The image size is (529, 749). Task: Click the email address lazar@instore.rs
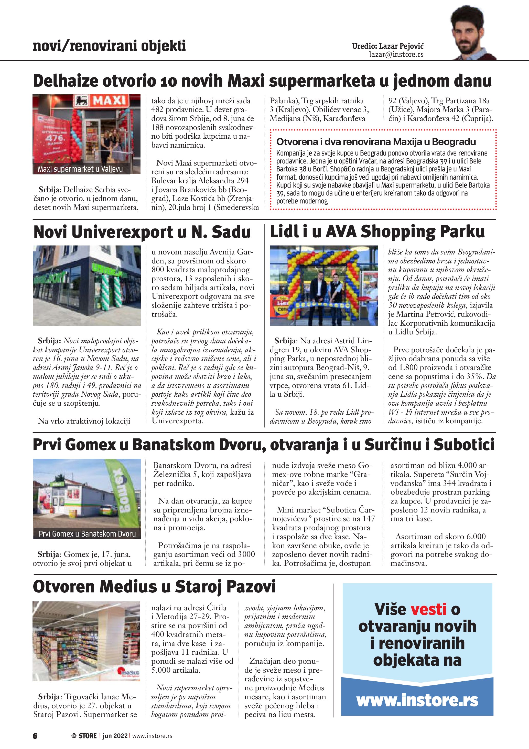(396, 55)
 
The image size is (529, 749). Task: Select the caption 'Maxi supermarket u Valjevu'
(80, 169)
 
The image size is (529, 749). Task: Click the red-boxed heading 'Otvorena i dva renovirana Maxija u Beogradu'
(376, 142)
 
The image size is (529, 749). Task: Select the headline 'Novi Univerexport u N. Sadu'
(142, 232)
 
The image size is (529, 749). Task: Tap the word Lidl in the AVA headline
(284, 232)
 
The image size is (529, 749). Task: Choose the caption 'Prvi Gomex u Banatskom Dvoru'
(87, 534)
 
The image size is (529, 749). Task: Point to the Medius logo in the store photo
(130, 672)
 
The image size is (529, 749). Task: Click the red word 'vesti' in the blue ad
(428, 609)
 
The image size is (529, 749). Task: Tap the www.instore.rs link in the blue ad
(417, 700)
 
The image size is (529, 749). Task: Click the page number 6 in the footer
(35, 736)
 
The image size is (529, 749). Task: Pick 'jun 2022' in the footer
(115, 736)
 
